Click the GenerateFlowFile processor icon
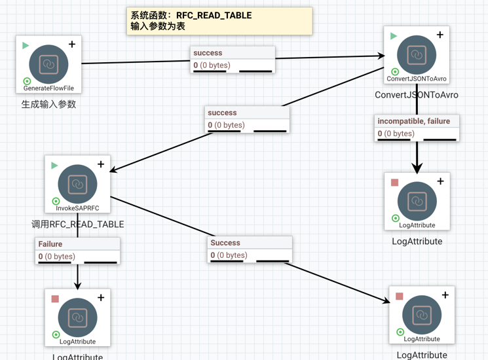[x=48, y=63]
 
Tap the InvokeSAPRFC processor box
[x=77, y=184]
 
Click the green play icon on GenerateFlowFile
[x=26, y=46]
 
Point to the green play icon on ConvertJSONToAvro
[x=394, y=36]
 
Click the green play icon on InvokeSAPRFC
[x=55, y=165]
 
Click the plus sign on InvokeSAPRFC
[x=101, y=164]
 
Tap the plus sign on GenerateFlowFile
[x=72, y=45]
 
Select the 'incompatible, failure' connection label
[x=414, y=121]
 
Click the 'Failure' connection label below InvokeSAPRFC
[x=50, y=244]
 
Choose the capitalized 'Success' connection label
[x=225, y=243]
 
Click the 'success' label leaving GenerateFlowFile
[x=208, y=53]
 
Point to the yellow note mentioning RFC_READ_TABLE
[x=219, y=21]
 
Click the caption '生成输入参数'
[x=48, y=103]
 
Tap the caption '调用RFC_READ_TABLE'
[x=77, y=224]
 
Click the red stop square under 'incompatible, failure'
[x=395, y=183]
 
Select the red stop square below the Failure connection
[x=55, y=298]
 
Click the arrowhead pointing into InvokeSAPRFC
[x=113, y=171]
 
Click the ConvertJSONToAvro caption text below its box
[x=417, y=94]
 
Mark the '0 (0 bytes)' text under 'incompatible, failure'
[x=396, y=134]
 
